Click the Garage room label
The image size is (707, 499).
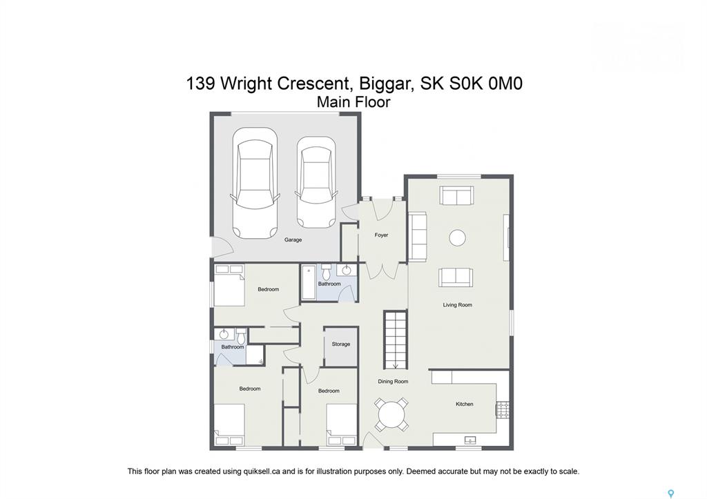click(293, 239)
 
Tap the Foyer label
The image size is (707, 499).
click(381, 235)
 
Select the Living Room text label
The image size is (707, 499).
click(457, 305)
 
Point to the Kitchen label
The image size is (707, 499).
click(464, 404)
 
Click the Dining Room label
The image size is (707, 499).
click(393, 382)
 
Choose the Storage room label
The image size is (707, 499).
click(341, 344)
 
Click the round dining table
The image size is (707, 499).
click(392, 414)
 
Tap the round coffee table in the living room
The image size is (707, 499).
click(457, 237)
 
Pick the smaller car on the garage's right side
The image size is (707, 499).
click(316, 183)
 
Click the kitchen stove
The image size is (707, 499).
click(503, 410)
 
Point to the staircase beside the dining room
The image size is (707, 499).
click(396, 340)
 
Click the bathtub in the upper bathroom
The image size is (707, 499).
click(309, 283)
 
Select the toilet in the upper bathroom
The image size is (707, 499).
click(327, 272)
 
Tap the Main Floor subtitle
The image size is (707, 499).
click(353, 102)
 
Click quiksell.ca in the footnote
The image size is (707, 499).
click(261, 471)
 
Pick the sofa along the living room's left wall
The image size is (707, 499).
click(418, 236)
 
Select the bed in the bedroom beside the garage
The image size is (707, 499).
click(229, 285)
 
